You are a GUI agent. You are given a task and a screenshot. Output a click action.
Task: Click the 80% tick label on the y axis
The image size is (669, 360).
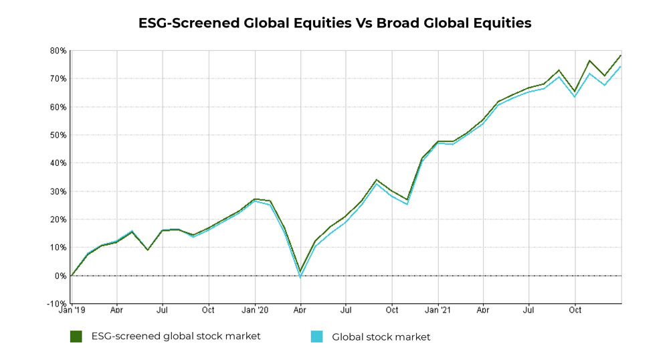tap(58, 51)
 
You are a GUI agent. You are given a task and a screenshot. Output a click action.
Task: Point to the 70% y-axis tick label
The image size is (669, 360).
tap(58, 79)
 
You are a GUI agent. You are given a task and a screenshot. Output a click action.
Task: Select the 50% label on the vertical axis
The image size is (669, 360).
tap(58, 135)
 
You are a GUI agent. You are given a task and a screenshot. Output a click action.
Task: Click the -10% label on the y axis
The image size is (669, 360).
tap(56, 304)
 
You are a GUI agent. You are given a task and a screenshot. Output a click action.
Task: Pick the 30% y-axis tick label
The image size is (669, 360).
tap(58, 191)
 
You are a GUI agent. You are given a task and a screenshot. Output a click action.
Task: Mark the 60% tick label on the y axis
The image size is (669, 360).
tap(58, 107)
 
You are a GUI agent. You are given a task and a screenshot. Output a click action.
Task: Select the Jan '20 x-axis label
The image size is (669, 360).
tap(254, 311)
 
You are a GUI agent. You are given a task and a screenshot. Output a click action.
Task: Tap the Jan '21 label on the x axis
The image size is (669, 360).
tap(438, 311)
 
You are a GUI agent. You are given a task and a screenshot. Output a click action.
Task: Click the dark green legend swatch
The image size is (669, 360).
tap(76, 337)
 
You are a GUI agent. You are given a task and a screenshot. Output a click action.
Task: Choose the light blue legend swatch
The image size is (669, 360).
tap(317, 337)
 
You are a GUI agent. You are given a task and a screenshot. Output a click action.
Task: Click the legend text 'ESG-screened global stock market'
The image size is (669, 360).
tap(176, 337)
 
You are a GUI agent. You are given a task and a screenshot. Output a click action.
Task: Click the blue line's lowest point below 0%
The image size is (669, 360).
tap(300, 277)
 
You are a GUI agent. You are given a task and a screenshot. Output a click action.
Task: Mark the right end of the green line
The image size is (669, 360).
tap(621, 56)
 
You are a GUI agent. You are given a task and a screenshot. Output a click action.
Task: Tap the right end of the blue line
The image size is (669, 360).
tap(621, 66)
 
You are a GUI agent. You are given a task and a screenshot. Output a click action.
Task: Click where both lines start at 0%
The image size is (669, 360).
tap(71, 276)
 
